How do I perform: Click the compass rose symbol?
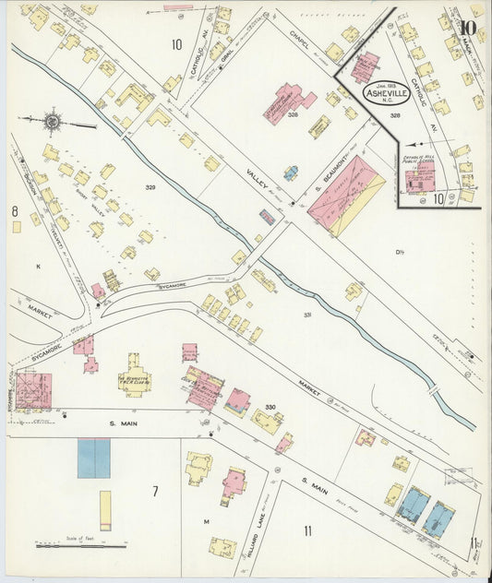point(53,120)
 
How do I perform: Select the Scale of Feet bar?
point(81,545)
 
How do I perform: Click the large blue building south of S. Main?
point(93,458)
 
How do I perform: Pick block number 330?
point(270,407)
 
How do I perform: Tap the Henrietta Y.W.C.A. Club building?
point(135,378)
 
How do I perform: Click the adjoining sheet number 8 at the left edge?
point(15,211)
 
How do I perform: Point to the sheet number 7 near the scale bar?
point(155,490)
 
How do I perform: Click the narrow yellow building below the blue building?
point(105,509)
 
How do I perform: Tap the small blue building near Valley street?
point(291,173)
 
